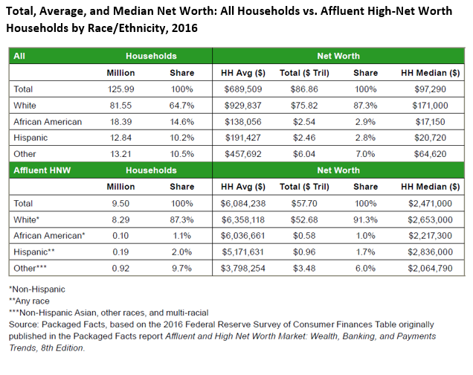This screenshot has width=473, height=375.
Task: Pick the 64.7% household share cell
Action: click(181, 105)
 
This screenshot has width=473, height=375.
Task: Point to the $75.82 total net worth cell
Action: click(301, 105)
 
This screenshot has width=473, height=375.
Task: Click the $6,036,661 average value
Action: click(237, 234)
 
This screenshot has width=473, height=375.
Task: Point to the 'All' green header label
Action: click(20, 56)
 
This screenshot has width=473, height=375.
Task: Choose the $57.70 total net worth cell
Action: click(301, 202)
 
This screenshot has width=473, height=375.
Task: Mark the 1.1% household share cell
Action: click(181, 234)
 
